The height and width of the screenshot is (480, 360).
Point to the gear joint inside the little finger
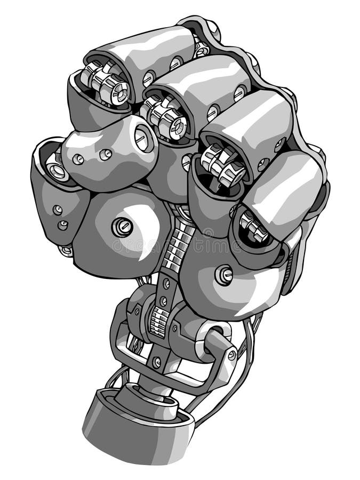(x=254, y=228)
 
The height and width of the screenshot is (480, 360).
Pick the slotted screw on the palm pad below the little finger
(x=223, y=275)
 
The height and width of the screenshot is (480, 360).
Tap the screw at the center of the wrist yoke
(x=156, y=362)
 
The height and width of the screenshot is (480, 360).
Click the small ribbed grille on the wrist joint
(x=157, y=323)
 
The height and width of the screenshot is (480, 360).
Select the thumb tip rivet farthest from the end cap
(x=78, y=159)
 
